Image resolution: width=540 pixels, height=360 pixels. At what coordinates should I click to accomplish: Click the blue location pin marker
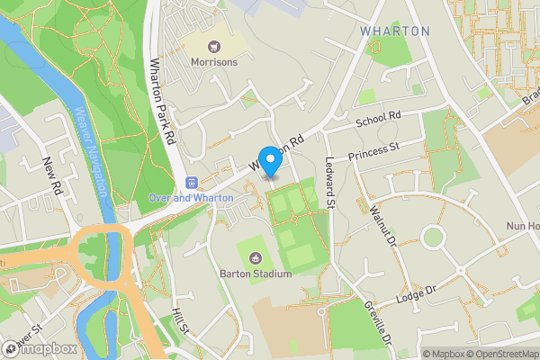[270, 160]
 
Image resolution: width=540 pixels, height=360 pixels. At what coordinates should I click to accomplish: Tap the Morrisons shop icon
[214, 46]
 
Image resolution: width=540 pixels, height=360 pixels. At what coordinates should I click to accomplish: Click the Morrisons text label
[214, 62]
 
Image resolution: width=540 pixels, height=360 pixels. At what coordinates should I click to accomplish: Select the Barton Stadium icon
[253, 258]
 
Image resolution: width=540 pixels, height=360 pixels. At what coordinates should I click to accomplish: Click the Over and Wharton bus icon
[191, 182]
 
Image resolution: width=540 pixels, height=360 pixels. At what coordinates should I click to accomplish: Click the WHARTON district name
[395, 31]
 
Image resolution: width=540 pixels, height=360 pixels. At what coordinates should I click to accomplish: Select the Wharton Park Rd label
[161, 102]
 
